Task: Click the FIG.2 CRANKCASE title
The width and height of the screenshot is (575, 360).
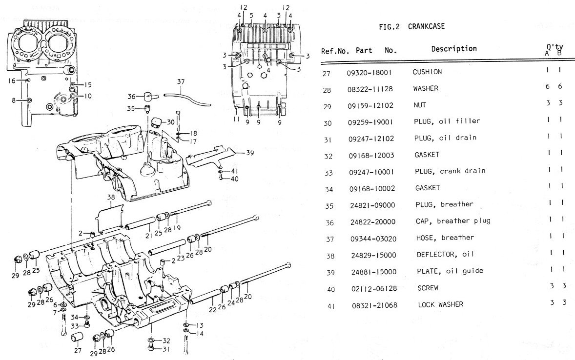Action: (412, 27)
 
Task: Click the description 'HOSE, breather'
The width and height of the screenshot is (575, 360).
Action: (445, 238)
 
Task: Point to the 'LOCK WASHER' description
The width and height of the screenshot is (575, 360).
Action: (440, 304)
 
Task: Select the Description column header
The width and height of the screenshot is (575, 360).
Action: (453, 49)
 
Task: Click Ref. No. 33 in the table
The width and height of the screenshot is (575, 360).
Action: (331, 172)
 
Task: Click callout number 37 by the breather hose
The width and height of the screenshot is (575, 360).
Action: (181, 82)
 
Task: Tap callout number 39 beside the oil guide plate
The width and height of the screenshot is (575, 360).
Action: (250, 153)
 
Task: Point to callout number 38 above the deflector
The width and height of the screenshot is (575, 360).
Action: (111, 198)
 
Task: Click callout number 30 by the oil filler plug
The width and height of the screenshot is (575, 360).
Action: (170, 121)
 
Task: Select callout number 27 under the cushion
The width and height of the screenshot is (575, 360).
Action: (77, 350)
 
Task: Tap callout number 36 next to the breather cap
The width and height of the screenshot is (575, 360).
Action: (131, 96)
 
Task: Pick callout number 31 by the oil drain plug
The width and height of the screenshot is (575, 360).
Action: (166, 349)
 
